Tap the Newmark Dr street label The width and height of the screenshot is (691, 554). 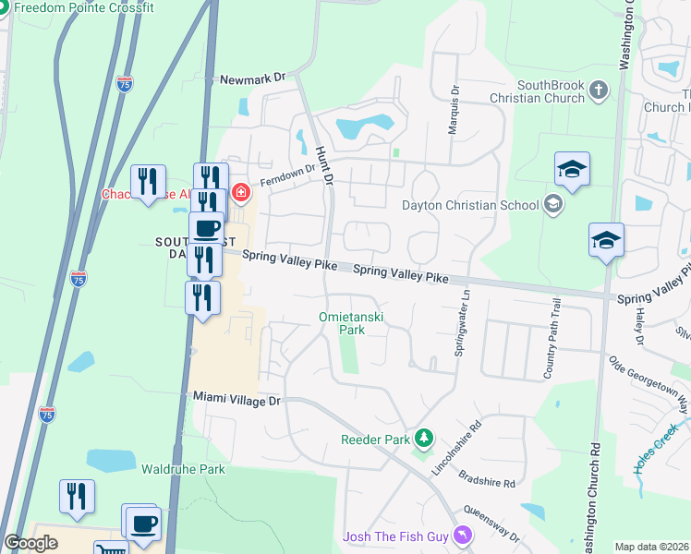[x=253, y=80]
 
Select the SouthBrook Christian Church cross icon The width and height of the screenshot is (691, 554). [x=599, y=90]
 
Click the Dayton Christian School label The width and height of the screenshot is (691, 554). [x=471, y=205]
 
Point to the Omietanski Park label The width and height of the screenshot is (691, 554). [x=350, y=322]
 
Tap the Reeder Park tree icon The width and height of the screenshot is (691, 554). [x=424, y=438]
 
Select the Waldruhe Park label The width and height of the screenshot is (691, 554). [x=183, y=469]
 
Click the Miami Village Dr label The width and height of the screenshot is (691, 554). [x=236, y=399]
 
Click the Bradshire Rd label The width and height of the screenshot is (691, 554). [x=485, y=482]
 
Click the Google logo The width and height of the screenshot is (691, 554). [x=31, y=543]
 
